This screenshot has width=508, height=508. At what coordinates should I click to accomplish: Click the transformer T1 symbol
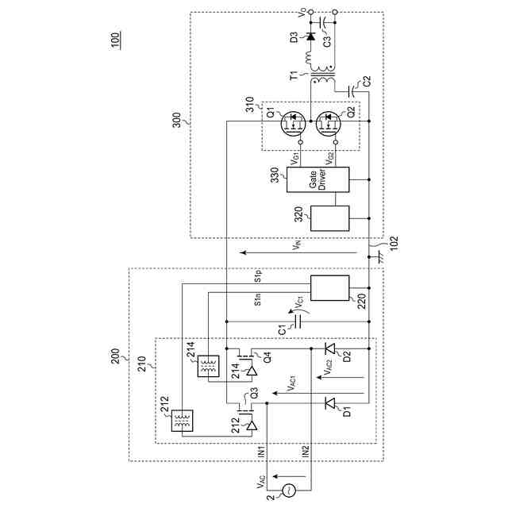(x=323, y=79)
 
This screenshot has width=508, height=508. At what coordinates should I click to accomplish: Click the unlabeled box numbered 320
(x=330, y=218)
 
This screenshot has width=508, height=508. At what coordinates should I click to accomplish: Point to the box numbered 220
(x=330, y=288)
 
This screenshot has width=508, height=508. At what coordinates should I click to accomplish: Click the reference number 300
(x=176, y=120)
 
